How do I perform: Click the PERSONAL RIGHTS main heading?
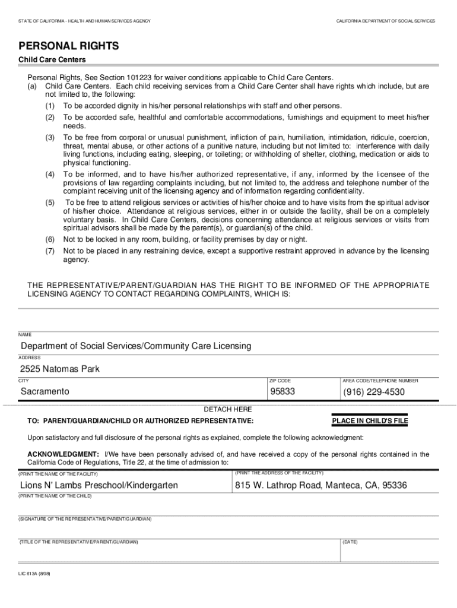pyautogui.click(x=69, y=46)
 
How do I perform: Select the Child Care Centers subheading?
pyautogui.click(x=52, y=60)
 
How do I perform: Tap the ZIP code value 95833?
pyautogui.click(x=283, y=392)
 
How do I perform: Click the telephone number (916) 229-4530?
pyautogui.click(x=374, y=392)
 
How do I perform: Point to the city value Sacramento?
pyautogui.click(x=45, y=392)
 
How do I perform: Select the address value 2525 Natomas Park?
pyautogui.click(x=60, y=369)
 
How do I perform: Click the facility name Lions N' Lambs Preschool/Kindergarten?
pyautogui.click(x=99, y=486)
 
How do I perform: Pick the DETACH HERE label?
pyautogui.click(x=228, y=410)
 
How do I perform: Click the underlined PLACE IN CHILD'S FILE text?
pyautogui.click(x=370, y=421)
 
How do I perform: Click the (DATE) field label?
pyautogui.click(x=350, y=542)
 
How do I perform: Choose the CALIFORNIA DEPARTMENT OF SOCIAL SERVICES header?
pyautogui.click(x=386, y=21)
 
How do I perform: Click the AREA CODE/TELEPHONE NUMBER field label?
pyautogui.click(x=380, y=381)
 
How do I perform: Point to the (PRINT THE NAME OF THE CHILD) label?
pyautogui.click(x=55, y=496)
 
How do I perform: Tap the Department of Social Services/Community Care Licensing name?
pyautogui.click(x=136, y=346)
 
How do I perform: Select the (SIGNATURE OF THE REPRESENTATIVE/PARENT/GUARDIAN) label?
pyautogui.click(x=85, y=519)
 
